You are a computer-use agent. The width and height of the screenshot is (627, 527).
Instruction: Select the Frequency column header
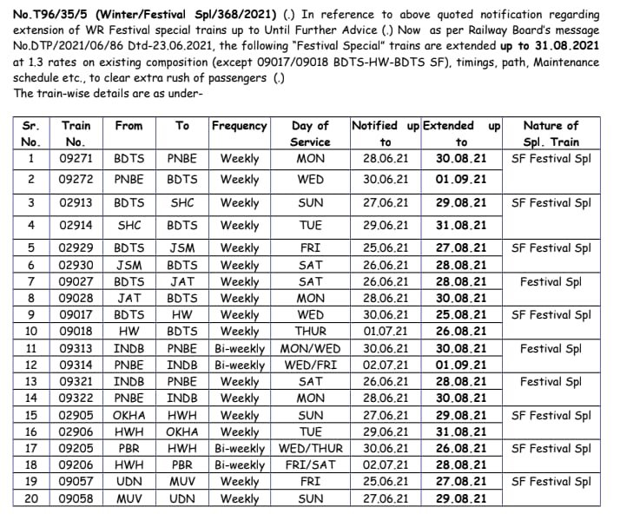[239, 126]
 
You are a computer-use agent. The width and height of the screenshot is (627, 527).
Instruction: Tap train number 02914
[76, 226]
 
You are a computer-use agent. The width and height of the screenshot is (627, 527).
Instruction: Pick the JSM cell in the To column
[181, 248]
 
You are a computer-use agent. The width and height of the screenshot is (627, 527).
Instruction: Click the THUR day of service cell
[310, 332]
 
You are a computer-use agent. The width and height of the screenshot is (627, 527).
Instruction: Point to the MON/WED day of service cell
[310, 348]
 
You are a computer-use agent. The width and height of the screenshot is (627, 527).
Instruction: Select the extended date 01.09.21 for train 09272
[460, 181]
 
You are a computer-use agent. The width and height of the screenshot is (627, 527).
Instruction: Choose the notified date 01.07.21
[386, 332]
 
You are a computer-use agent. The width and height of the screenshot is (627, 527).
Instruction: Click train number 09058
[76, 499]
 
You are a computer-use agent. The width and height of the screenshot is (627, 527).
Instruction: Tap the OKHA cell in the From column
[129, 416]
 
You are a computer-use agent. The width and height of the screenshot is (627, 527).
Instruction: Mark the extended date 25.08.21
[460, 315]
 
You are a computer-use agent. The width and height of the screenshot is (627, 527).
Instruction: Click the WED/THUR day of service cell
[310, 449]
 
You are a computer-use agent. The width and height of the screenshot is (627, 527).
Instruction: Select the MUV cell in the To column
[181, 482]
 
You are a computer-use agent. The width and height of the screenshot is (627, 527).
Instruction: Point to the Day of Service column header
[310, 134]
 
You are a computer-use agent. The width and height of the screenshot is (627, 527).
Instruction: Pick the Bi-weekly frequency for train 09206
[239, 465]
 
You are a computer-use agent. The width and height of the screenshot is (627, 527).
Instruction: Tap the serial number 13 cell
[30, 382]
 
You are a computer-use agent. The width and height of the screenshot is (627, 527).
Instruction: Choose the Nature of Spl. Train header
[551, 134]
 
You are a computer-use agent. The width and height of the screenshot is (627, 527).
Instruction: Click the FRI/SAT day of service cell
[310, 465]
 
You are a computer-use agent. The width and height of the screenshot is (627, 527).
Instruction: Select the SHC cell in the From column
[129, 226]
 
